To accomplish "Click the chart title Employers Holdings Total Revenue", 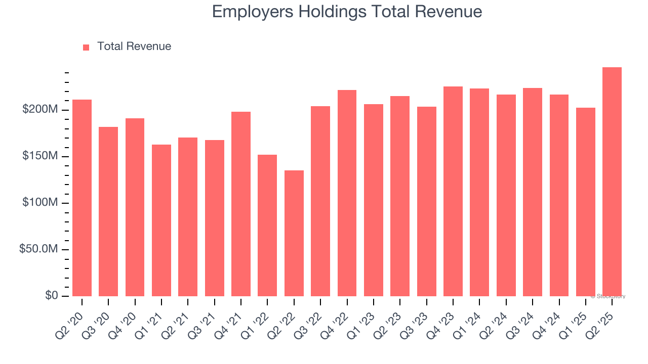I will [x=347, y=12].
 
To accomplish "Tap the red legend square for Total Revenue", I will [x=86, y=47].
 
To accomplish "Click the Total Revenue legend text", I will [x=134, y=47].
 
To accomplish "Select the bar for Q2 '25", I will [x=612, y=182].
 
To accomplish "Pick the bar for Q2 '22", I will [x=294, y=233].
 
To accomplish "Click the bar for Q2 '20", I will [x=82, y=198].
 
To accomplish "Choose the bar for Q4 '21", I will [x=241, y=204].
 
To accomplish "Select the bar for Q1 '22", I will [x=267, y=225].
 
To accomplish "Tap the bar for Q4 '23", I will [x=453, y=191].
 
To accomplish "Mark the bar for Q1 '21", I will [x=161, y=220].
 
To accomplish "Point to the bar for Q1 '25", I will [x=586, y=202].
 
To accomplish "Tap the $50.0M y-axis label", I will [x=38, y=249].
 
